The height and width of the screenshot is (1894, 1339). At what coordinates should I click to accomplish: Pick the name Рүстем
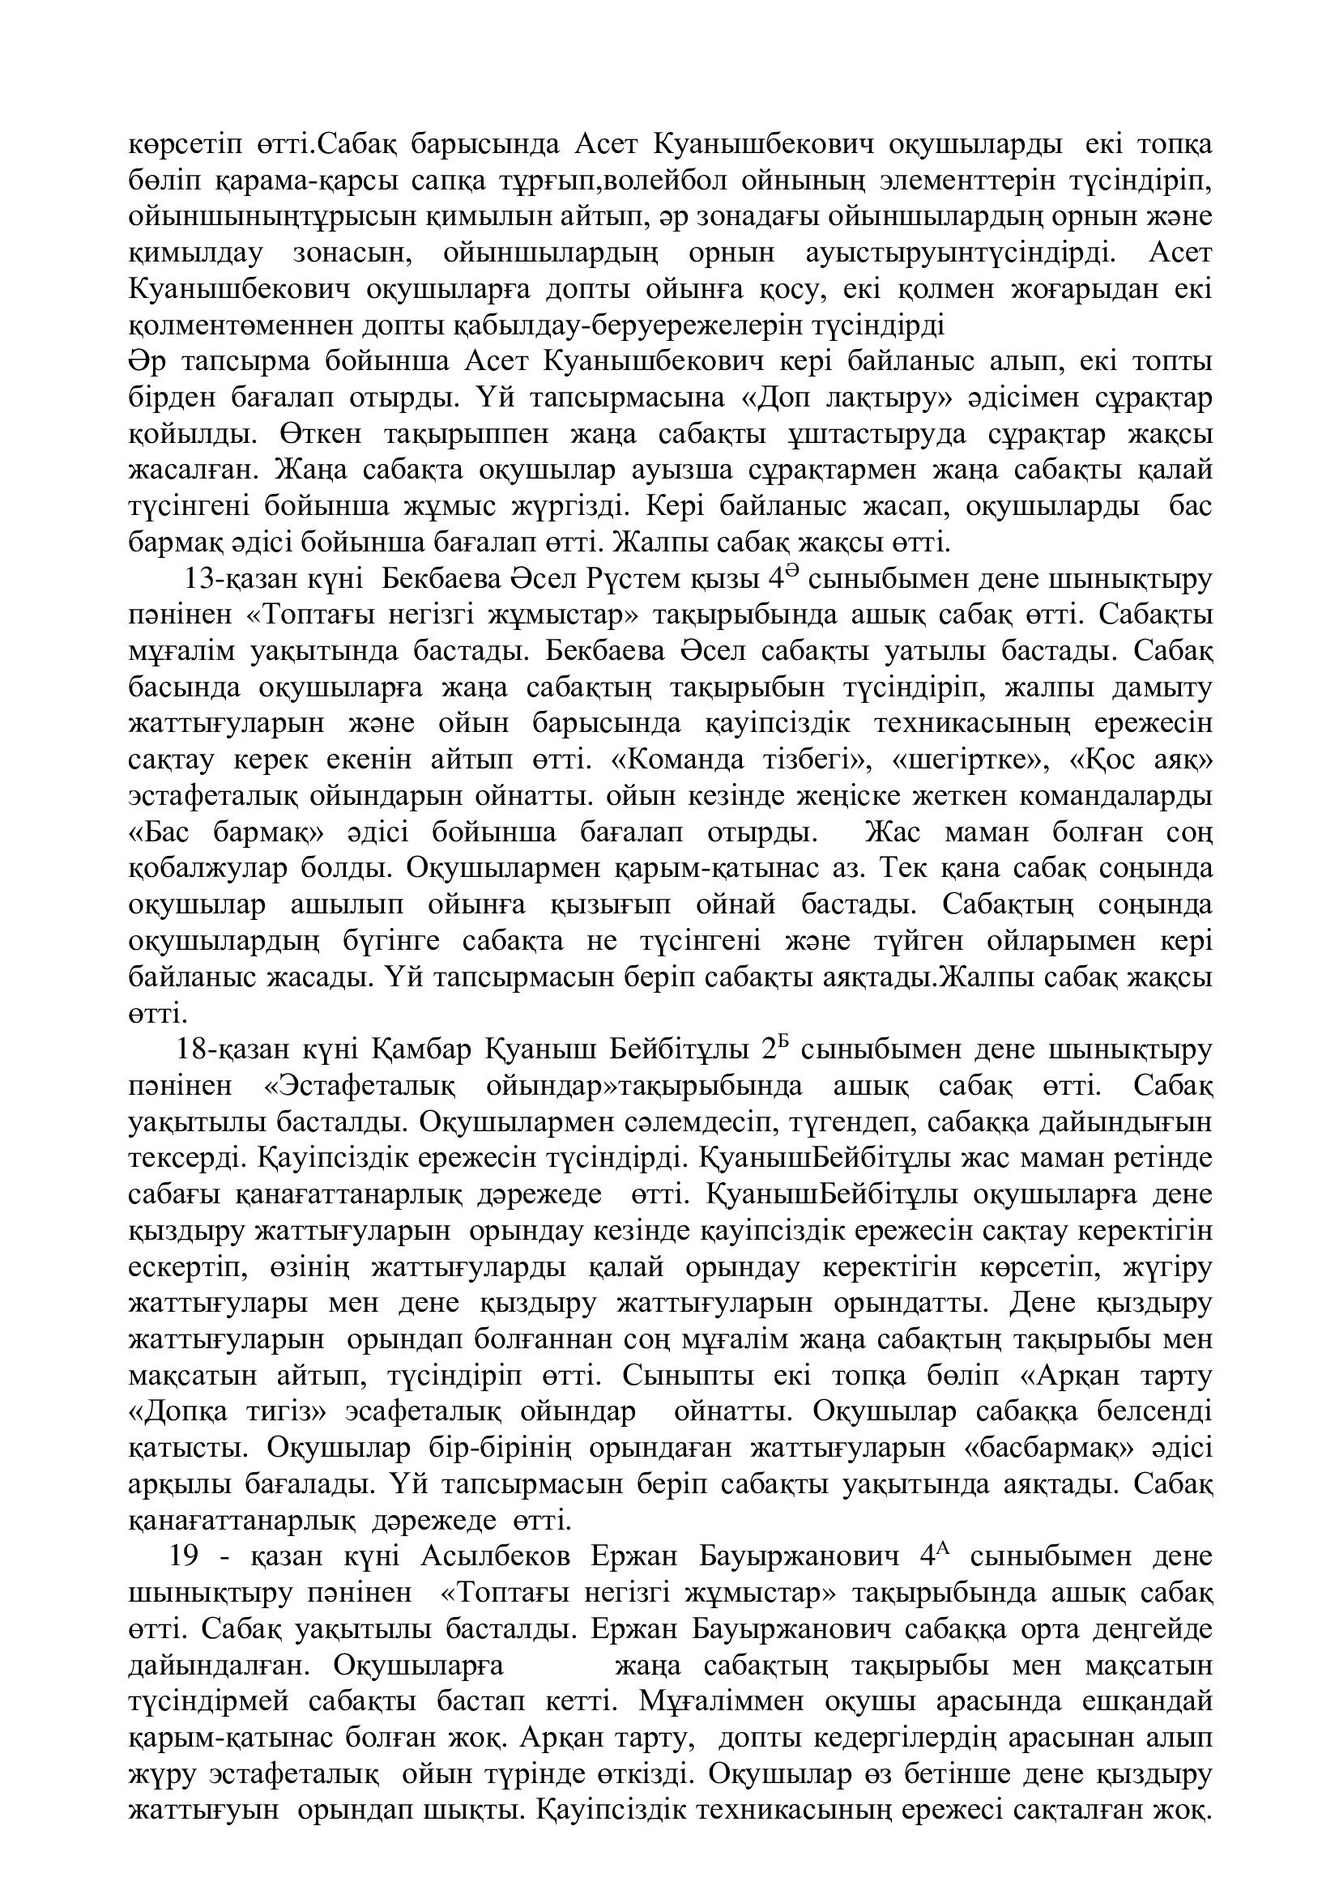[x=635, y=579]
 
